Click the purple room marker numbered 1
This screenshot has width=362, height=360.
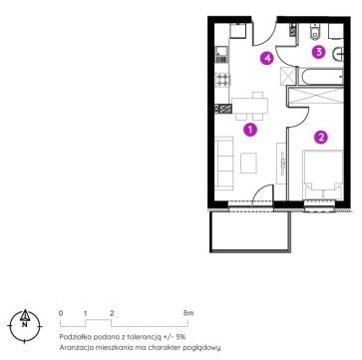tap(250, 130)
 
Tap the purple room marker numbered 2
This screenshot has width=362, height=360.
tap(321, 137)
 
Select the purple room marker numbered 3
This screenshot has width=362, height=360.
tap(318, 52)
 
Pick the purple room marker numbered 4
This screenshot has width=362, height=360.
tap(267, 59)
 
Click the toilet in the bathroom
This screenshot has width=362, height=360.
tap(314, 32)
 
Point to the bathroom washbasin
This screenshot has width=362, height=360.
tap(338, 55)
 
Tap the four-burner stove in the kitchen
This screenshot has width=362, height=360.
tap(222, 80)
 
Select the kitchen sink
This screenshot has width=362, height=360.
tap(222, 54)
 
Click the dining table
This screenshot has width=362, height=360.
tap(249, 105)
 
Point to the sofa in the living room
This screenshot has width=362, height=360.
tap(224, 164)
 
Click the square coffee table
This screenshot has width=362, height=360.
tap(248, 163)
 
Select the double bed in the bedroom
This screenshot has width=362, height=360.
tap(322, 175)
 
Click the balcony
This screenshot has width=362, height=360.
tap(250, 231)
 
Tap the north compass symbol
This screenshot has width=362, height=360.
tap(25, 325)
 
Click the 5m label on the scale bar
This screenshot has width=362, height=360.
tap(188, 313)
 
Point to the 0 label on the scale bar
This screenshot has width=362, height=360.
tap(61, 313)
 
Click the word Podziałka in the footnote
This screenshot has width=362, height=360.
tap(72, 337)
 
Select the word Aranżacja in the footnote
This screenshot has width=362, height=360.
tap(73, 348)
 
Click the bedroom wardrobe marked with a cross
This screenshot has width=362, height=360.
tap(315, 96)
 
